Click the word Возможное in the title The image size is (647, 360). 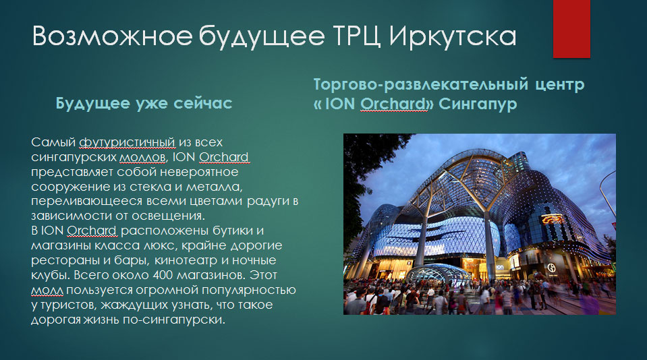click(112, 36)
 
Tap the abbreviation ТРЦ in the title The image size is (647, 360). click(356, 36)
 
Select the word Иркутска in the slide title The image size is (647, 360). click(453, 37)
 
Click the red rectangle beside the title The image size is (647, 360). click(571, 29)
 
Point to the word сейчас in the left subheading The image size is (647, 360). click(202, 103)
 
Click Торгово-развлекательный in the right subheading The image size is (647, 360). click(421, 84)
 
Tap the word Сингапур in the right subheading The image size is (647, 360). click(478, 104)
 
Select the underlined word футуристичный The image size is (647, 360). click(127, 143)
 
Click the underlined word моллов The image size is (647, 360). click(143, 158)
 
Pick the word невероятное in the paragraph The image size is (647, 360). click(194, 172)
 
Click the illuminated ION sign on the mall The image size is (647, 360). click(500, 268)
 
